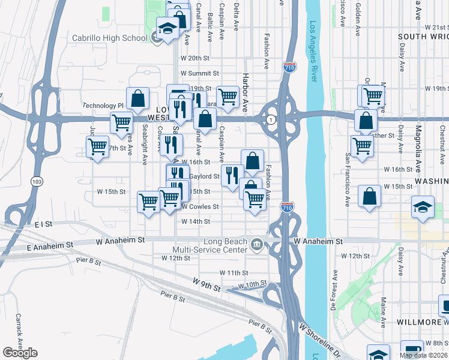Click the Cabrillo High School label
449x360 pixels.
click(x=109, y=38)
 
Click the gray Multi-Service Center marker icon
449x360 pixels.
click(x=256, y=244)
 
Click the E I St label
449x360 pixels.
click(x=44, y=224)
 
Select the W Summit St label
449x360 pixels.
click(x=200, y=73)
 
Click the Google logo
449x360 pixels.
click(x=20, y=352)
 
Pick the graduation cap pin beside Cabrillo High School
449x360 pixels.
click(x=167, y=28)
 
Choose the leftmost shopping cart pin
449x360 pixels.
click(x=97, y=147)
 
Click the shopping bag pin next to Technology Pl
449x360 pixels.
click(x=137, y=98)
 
